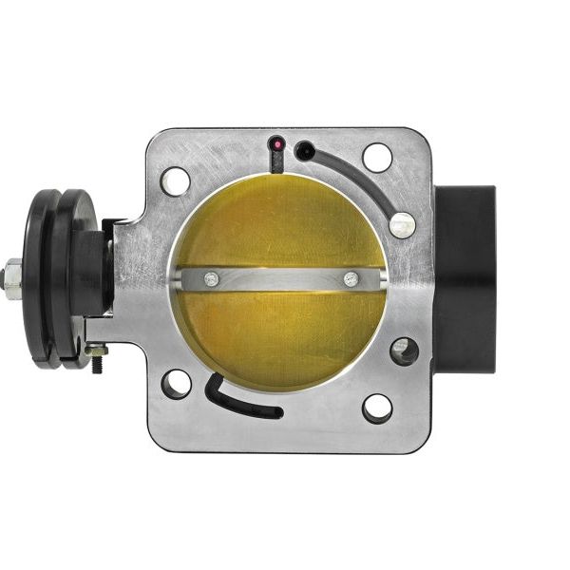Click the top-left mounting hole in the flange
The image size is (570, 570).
tap(176, 180)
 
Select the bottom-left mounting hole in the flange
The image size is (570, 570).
tap(177, 384)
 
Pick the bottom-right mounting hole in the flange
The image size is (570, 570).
tap(377, 408)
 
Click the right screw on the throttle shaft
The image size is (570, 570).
tap(351, 279)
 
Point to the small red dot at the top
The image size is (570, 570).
tap(276, 145)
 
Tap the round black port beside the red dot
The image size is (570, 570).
tap(304, 150)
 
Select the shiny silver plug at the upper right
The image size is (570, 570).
tap(402, 224)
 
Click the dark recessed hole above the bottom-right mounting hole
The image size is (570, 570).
tap(403, 351)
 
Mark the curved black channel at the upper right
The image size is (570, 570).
tap(361, 180)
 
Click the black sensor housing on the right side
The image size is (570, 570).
tap(465, 279)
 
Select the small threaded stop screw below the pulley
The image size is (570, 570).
tap(97, 356)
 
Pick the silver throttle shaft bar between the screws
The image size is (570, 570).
tap(280, 279)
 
